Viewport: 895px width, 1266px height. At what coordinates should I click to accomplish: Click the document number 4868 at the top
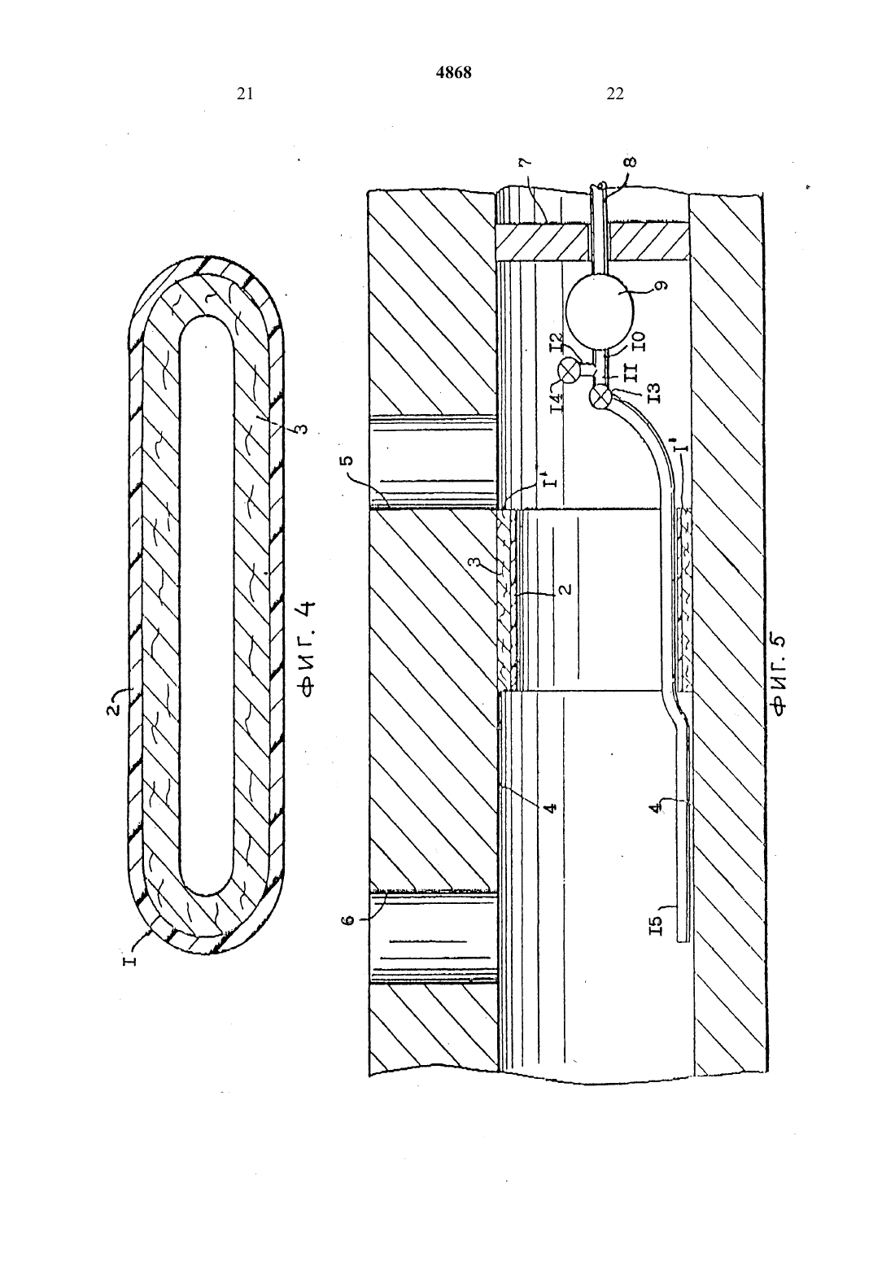(454, 72)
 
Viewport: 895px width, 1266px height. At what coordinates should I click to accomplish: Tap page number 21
(245, 94)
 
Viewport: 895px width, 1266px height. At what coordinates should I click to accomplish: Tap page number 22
(615, 94)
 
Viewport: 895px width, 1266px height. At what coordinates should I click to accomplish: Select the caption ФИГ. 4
(308, 649)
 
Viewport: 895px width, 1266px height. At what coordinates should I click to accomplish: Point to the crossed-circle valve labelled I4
(566, 371)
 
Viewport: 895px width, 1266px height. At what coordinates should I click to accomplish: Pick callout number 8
(631, 162)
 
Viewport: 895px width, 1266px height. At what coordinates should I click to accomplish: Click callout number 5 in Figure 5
(348, 458)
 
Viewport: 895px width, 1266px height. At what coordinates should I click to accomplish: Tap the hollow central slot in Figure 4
(207, 606)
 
